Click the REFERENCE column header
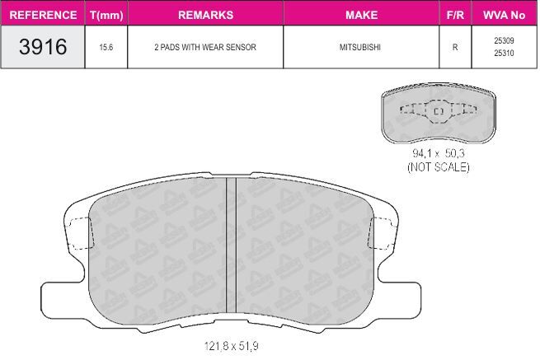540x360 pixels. [x=43, y=15]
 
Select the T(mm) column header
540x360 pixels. [x=106, y=15]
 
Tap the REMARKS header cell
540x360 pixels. [x=205, y=15]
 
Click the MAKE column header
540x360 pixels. [x=362, y=15]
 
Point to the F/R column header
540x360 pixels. [x=455, y=15]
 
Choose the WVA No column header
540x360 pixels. [x=505, y=15]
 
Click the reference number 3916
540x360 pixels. [x=43, y=47]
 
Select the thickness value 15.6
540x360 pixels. [x=106, y=47]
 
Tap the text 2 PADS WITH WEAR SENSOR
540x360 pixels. [x=205, y=47]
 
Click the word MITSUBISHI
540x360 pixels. [x=360, y=47]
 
